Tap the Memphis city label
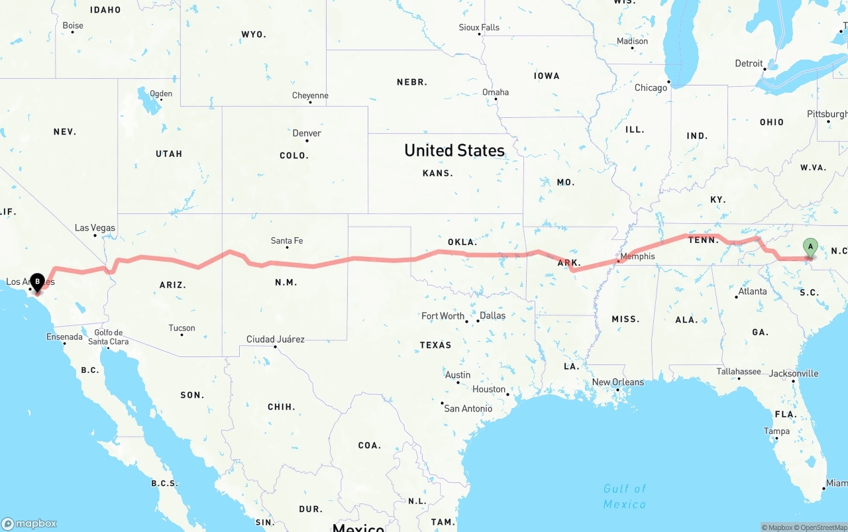pyautogui.click(x=637, y=256)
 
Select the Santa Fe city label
pyautogui.click(x=287, y=241)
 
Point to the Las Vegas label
pyautogui.click(x=95, y=228)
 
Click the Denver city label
pyautogui.click(x=307, y=133)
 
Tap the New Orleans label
pyautogui.click(x=617, y=382)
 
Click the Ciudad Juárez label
pyautogui.click(x=276, y=339)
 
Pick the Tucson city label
pyautogui.click(x=182, y=328)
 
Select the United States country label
pyautogui.click(x=454, y=150)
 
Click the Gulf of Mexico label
pyautogui.click(x=624, y=496)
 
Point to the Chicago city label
pyautogui.click(x=651, y=88)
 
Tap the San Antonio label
pyautogui.click(x=468, y=409)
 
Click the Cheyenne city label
pyautogui.click(x=310, y=96)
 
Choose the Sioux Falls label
pyautogui.click(x=479, y=28)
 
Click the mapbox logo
pyautogui.click(x=29, y=523)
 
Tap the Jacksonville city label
pyautogui.click(x=794, y=374)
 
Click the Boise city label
pyautogui.click(x=73, y=26)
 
